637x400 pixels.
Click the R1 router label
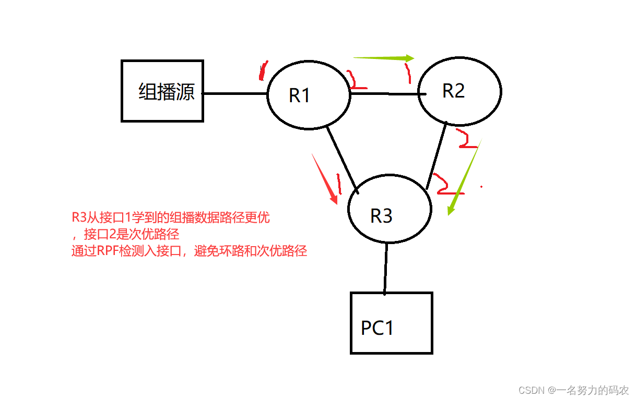(300, 95)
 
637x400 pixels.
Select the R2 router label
(453, 91)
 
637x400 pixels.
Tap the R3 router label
(381, 215)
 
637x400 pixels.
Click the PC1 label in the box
(378, 328)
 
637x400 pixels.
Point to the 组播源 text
(167, 92)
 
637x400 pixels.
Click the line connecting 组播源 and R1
(235, 93)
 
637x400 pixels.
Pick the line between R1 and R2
(386, 94)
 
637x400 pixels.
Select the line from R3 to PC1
(386, 268)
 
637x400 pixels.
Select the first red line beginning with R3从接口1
(171, 217)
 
